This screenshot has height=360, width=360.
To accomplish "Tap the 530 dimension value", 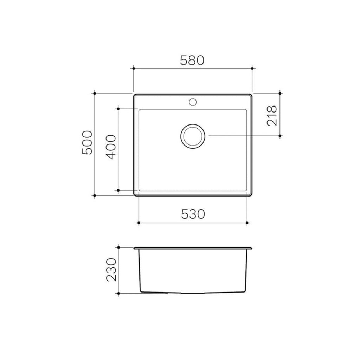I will pos(193,214).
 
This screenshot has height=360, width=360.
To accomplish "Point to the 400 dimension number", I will pos(111,147).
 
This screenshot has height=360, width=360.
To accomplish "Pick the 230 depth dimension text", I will pos(111,270).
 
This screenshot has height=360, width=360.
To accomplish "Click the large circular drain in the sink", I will pos(192,136).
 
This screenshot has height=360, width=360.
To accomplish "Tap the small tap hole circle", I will pos(192,102).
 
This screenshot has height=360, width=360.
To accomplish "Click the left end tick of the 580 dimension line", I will pos(133,68).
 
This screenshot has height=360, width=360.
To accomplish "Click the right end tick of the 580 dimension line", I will pos(252,68).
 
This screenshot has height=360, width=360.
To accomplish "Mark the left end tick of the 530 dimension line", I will pos(139,223).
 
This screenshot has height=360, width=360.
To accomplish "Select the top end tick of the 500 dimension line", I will pos(95,93).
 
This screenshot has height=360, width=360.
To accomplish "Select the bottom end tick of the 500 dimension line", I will pos(95,196).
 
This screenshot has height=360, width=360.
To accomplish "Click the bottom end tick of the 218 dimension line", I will pos(280,136).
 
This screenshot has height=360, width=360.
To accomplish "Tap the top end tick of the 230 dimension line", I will pos(119,247).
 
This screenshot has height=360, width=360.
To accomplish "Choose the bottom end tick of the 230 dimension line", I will pos(119,293).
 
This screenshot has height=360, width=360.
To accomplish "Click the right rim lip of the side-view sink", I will pos(250,249).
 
